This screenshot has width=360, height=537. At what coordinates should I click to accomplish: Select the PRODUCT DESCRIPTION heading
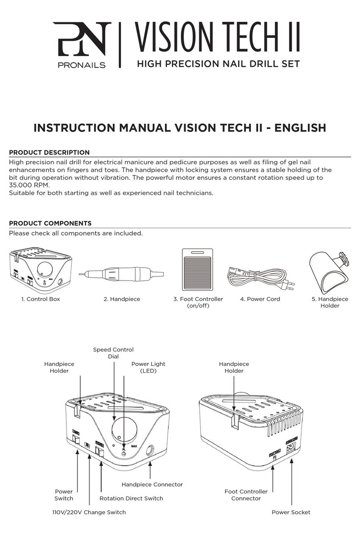49,152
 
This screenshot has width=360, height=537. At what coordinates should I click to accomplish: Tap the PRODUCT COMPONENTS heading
50,223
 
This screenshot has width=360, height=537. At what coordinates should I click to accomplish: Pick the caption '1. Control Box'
41,299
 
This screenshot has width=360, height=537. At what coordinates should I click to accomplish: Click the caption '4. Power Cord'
260,299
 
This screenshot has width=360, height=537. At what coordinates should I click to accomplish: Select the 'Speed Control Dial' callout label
113,353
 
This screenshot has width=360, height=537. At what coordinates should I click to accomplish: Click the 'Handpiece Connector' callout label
152,484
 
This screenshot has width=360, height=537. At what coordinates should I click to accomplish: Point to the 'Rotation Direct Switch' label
131,498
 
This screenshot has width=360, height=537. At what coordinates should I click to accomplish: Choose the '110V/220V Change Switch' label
89,512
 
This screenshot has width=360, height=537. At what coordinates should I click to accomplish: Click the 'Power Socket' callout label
291,512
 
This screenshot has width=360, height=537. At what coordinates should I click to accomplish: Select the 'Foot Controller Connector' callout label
246,495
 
